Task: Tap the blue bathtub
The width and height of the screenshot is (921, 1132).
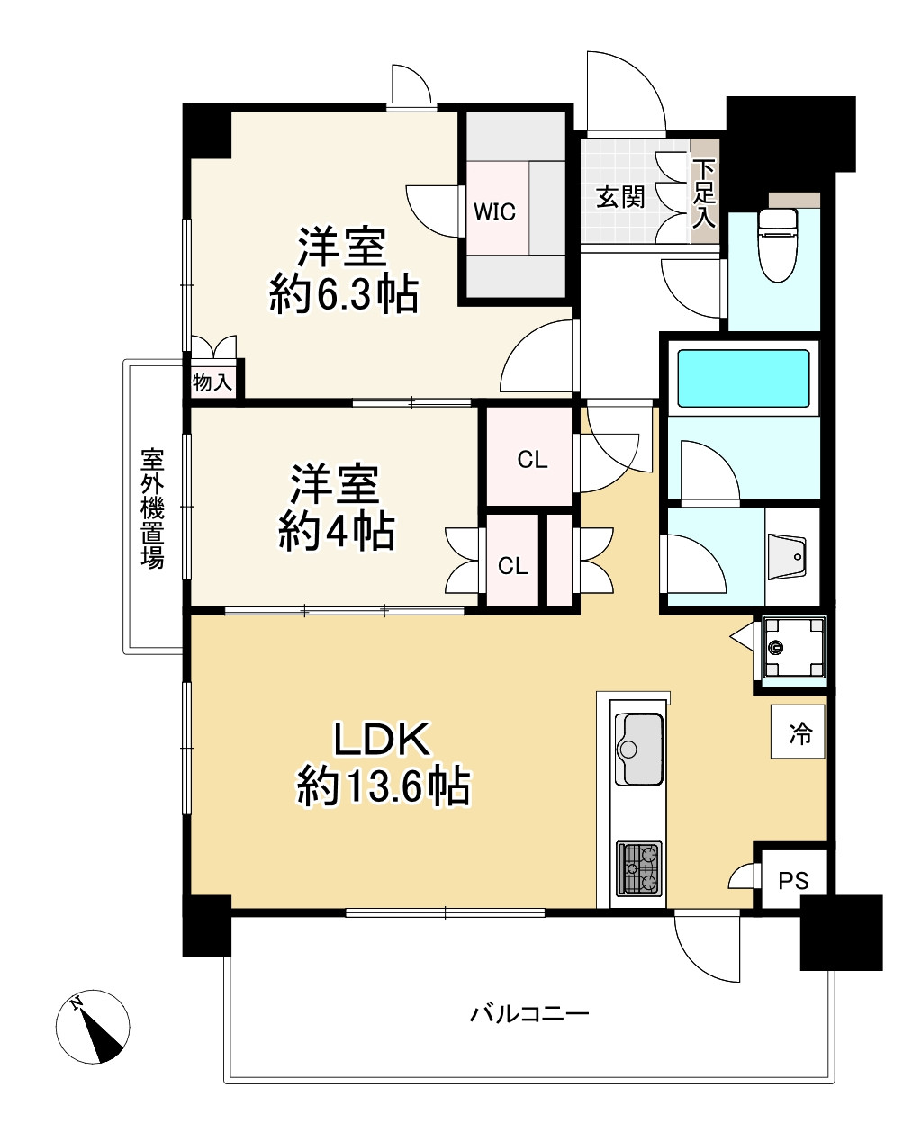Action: pos(744,378)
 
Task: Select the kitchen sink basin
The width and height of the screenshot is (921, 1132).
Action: pos(638,749)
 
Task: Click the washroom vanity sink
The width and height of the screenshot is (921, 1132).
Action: pos(786,558)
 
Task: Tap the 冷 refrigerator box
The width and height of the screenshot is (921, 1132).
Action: pos(798,732)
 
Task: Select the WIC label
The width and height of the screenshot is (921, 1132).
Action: pos(494,212)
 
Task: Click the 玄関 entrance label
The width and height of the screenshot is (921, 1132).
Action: pos(620,197)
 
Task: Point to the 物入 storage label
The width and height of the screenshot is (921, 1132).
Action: pos(212,382)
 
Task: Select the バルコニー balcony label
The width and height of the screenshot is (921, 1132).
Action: pos(529,1014)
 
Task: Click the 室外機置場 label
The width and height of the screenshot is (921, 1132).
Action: pos(152,508)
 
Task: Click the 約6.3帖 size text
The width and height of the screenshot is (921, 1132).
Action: pos(344,294)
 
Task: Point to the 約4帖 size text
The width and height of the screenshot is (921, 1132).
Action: pos(336,531)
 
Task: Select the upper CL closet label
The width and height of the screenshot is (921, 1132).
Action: pos(532,460)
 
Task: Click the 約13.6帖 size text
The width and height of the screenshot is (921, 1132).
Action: pos(383,787)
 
